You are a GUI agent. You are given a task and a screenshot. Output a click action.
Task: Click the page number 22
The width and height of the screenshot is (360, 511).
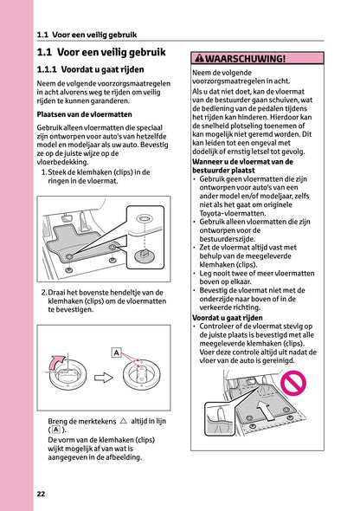click(x=41, y=495)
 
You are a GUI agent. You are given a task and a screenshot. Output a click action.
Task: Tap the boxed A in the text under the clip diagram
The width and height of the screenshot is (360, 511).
click(x=55, y=430)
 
